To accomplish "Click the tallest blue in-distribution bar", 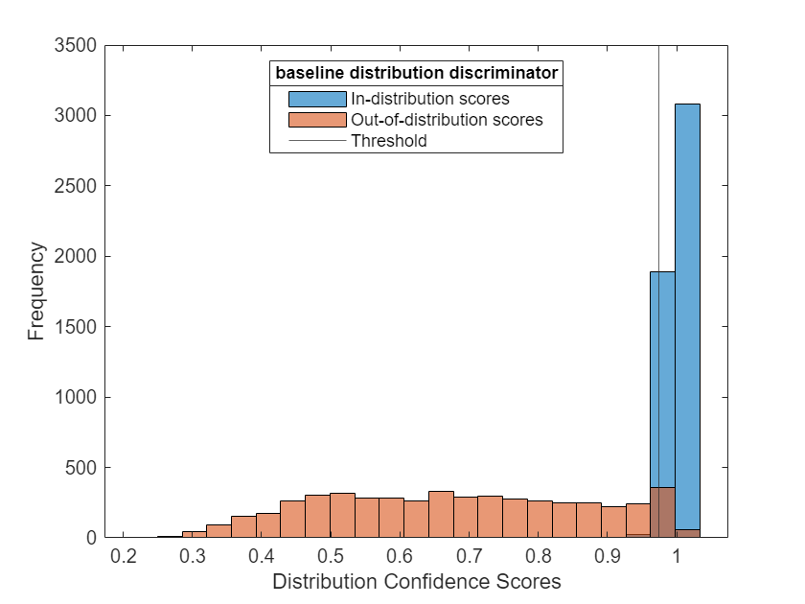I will point(687,288).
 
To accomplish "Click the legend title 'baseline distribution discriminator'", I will point(416,73).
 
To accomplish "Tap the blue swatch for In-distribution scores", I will point(316,98).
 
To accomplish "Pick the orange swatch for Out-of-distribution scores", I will point(316,120).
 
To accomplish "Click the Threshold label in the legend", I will point(389,141).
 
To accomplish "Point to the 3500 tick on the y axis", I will point(78,45).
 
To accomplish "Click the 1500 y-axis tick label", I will point(78,327).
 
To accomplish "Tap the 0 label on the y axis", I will point(92,538).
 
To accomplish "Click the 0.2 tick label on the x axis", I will point(122,557).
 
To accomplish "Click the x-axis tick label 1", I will point(677,557).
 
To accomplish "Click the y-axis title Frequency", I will point(36,291).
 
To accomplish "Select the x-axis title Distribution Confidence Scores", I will point(416,582).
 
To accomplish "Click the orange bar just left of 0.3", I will point(195,534).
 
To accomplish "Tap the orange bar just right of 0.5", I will point(342,516).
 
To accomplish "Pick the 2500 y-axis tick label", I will point(78,186).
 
